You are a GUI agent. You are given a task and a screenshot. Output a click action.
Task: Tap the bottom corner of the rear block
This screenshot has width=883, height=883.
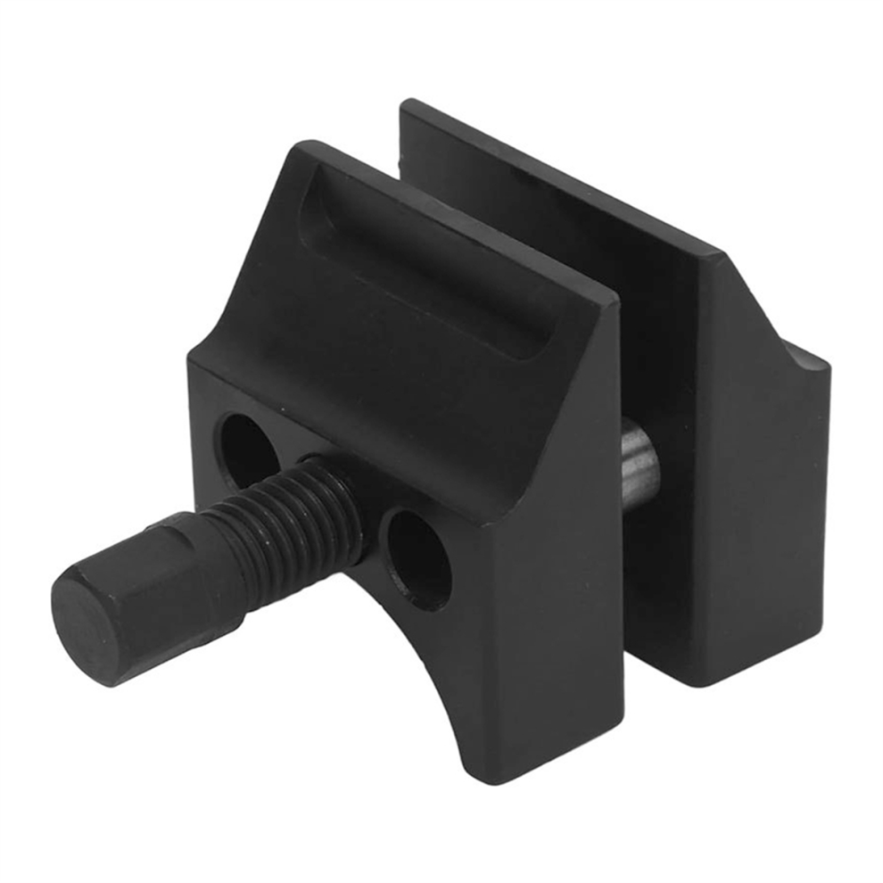point(705,682)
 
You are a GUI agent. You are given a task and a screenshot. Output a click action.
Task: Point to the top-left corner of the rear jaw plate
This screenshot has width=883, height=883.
point(406,107)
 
